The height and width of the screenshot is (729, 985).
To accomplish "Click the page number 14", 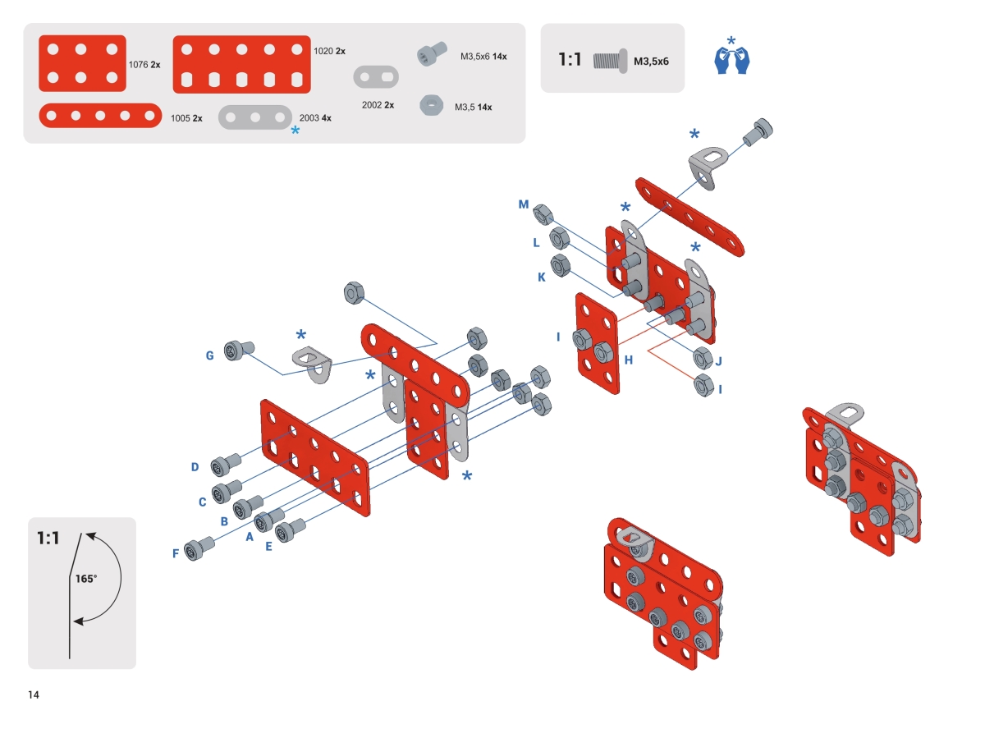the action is [x=34, y=695].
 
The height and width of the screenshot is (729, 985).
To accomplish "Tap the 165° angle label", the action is [x=86, y=579].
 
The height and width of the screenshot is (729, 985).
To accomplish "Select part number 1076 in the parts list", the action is [x=138, y=65].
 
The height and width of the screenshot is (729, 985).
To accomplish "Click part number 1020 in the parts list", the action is [x=323, y=51].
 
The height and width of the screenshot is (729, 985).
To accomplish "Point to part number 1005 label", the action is [x=181, y=118].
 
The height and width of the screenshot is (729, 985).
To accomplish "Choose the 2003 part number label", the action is [x=309, y=117].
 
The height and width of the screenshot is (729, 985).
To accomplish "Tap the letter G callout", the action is [x=209, y=355].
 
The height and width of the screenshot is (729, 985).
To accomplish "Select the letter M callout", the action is [x=524, y=204].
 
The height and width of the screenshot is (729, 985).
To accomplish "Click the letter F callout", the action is [x=176, y=553].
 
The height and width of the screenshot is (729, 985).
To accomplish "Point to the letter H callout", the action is [x=629, y=360].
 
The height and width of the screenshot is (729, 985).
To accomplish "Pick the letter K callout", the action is [x=542, y=277].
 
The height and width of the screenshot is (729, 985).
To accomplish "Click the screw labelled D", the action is [x=226, y=465].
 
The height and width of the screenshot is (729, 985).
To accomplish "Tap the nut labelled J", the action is [x=703, y=358].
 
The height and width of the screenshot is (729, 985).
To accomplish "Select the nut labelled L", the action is [x=559, y=239].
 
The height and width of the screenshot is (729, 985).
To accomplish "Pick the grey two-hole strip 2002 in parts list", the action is [x=376, y=77].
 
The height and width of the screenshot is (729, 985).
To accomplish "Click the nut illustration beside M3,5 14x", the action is [x=431, y=105].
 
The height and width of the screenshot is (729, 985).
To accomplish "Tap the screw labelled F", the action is [x=199, y=548].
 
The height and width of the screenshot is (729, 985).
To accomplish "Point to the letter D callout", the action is [x=195, y=467].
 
